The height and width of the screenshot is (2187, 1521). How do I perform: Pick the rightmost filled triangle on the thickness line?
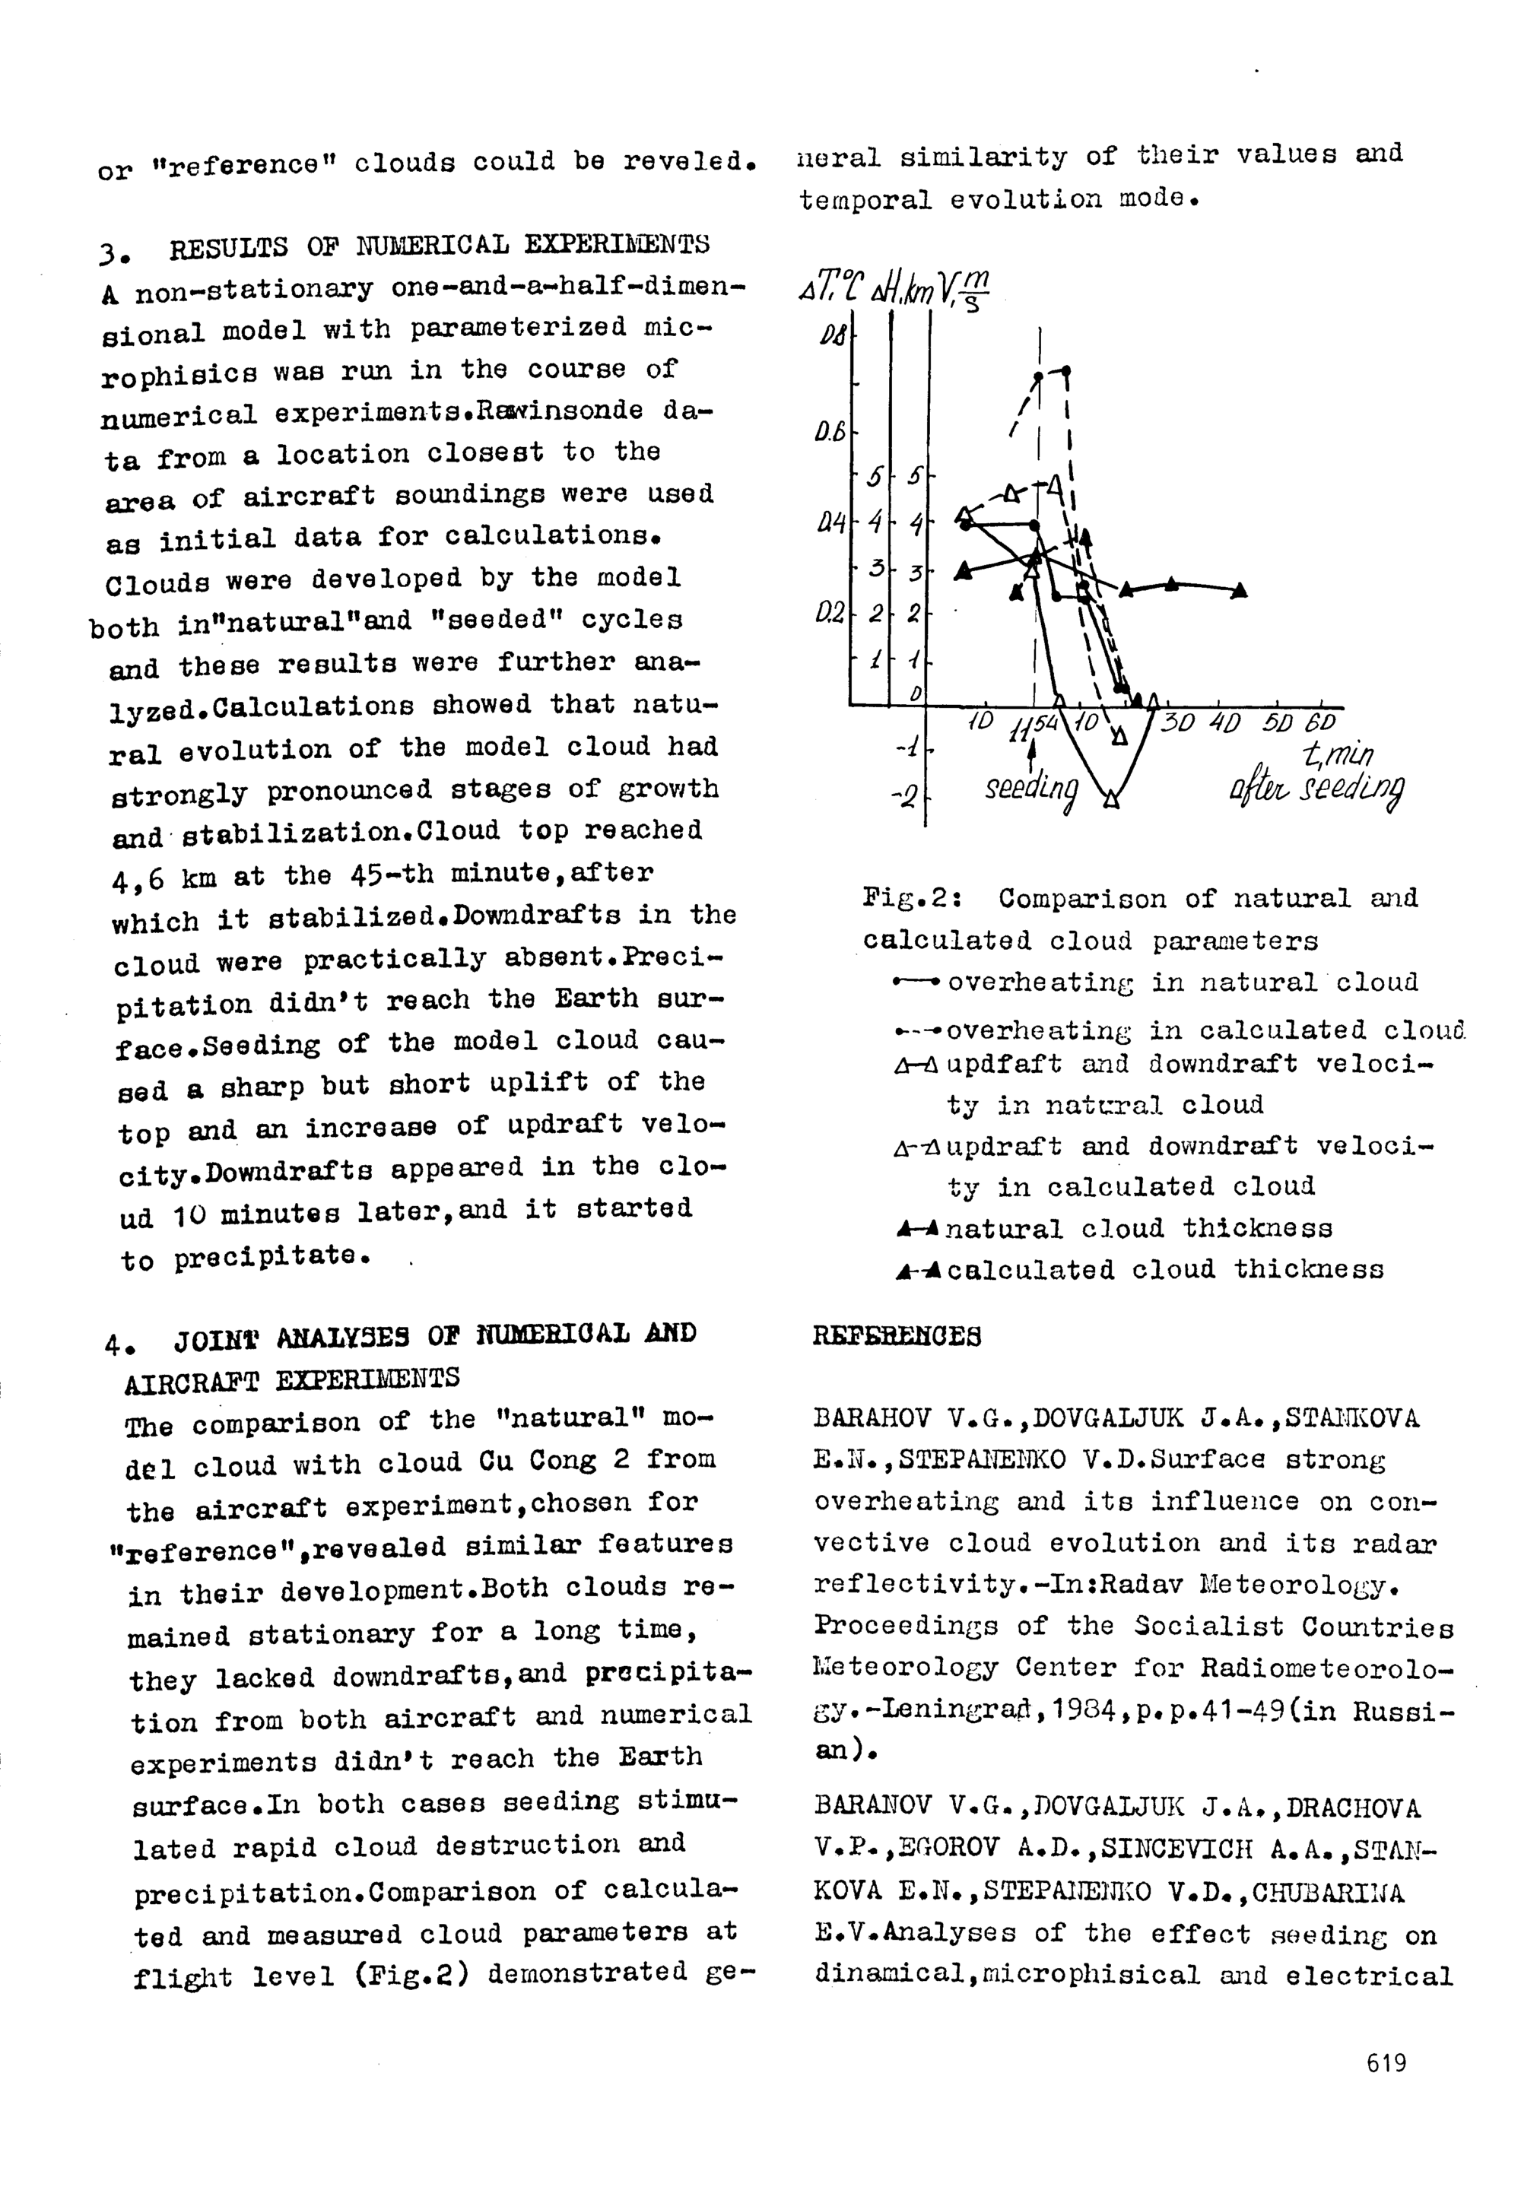click(1239, 591)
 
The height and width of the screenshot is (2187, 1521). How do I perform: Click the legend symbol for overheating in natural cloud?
click(917, 981)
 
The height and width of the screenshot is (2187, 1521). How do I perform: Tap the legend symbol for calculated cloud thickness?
click(918, 1271)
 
